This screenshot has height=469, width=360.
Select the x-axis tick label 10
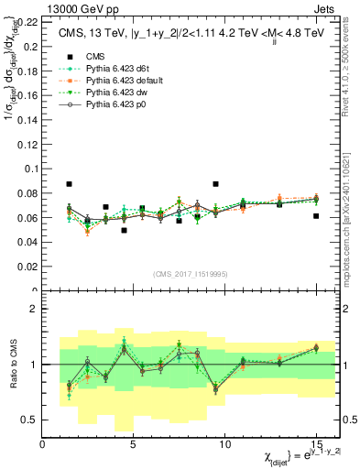point(225,445)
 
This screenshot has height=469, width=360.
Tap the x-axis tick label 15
point(316,445)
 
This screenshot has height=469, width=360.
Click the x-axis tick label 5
point(134,445)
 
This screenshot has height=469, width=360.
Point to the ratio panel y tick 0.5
point(30,420)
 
